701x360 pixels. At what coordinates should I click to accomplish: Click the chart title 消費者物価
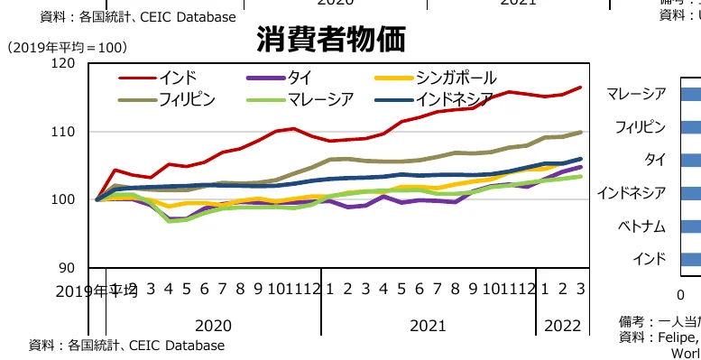tap(330, 39)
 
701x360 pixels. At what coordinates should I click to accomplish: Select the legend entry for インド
tap(177, 77)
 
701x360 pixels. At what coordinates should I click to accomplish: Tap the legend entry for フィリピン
tap(188, 98)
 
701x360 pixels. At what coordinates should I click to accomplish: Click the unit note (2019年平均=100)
tap(67, 46)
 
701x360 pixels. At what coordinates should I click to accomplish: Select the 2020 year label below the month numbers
tap(213, 325)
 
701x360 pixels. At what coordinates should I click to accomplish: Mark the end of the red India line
tap(581, 88)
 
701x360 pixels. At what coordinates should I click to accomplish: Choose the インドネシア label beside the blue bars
tap(632, 192)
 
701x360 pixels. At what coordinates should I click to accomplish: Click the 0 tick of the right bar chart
tap(681, 294)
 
